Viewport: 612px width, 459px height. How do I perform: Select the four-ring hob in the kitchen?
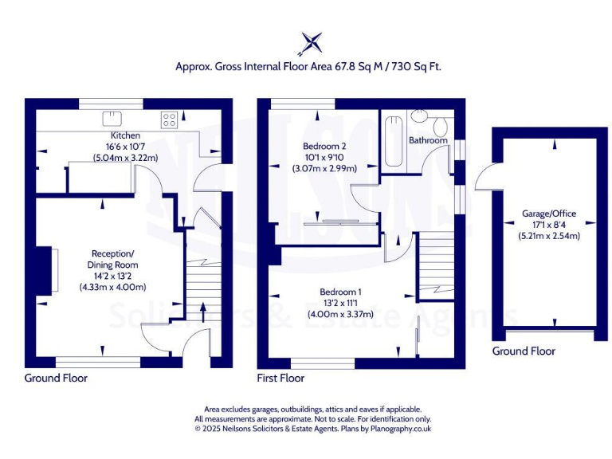[169, 120]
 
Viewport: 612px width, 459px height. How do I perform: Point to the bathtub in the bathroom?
[392, 143]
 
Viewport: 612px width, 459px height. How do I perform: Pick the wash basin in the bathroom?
[419, 116]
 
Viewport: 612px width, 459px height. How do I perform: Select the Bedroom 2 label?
[324, 147]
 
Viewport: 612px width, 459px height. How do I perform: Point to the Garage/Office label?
[549, 214]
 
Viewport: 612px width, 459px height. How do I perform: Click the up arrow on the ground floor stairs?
[202, 311]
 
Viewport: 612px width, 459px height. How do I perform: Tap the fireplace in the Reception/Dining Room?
[45, 271]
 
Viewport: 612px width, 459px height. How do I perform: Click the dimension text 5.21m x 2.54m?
[549, 236]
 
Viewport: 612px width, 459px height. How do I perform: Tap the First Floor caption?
[280, 378]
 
